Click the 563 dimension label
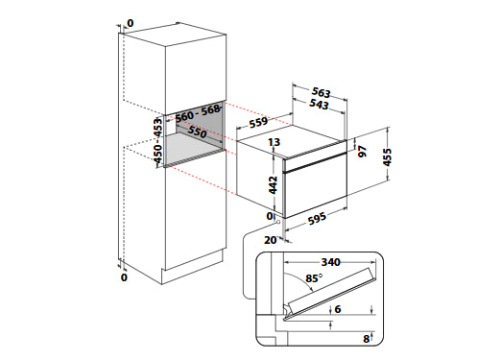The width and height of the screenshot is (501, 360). pyautogui.click(x=321, y=92)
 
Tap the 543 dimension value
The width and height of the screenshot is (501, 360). pyautogui.click(x=320, y=105)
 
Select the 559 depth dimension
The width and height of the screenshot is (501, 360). pyautogui.click(x=258, y=123)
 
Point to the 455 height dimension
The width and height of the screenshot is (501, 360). pyautogui.click(x=387, y=157)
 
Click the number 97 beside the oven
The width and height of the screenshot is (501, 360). pyautogui.click(x=362, y=151)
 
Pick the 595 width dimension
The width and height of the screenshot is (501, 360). pyautogui.click(x=317, y=219)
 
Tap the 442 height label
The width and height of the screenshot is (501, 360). pyautogui.click(x=273, y=184)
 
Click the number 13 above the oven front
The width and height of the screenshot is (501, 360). pyautogui.click(x=274, y=142)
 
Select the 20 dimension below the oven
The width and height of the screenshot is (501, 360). pyautogui.click(x=271, y=240)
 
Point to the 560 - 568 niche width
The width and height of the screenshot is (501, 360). pyautogui.click(x=199, y=113)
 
